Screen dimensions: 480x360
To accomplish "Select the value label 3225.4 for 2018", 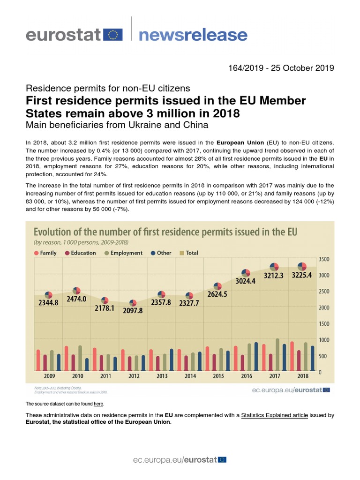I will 302,276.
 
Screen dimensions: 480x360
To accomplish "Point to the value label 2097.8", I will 133,310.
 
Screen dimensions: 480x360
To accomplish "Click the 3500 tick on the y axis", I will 324,259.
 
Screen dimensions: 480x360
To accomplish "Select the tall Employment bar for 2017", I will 277,354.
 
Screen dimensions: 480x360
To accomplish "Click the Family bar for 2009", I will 38,360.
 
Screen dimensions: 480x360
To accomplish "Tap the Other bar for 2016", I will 256,356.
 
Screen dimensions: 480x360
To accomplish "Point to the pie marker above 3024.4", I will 246,273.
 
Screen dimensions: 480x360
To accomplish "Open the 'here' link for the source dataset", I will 98,404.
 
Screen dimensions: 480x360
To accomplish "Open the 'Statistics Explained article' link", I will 274,415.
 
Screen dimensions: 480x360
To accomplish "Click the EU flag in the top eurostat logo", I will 113,34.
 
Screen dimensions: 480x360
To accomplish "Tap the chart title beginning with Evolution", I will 165,232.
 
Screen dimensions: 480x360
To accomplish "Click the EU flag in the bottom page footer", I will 222,460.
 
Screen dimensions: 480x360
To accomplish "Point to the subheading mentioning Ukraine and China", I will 116,125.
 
